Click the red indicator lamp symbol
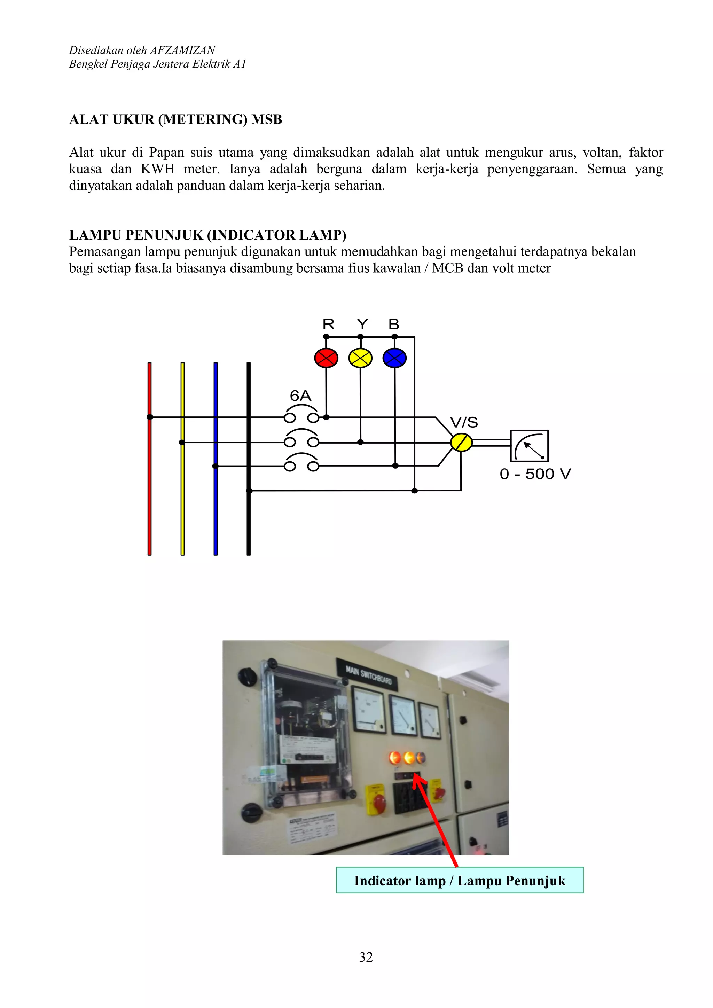click(x=326, y=358)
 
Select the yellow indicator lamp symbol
click(x=360, y=358)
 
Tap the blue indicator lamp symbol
click(x=395, y=358)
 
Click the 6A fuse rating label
click(x=300, y=396)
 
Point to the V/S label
click(x=464, y=422)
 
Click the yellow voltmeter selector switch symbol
click(x=461, y=443)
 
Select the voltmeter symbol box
click(x=530, y=446)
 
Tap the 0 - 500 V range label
click(x=535, y=474)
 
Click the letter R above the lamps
click(x=328, y=325)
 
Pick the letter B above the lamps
click(x=394, y=325)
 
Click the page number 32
click(x=366, y=957)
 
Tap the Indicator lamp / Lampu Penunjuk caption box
click(x=460, y=881)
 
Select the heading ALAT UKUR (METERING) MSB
click(x=175, y=119)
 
